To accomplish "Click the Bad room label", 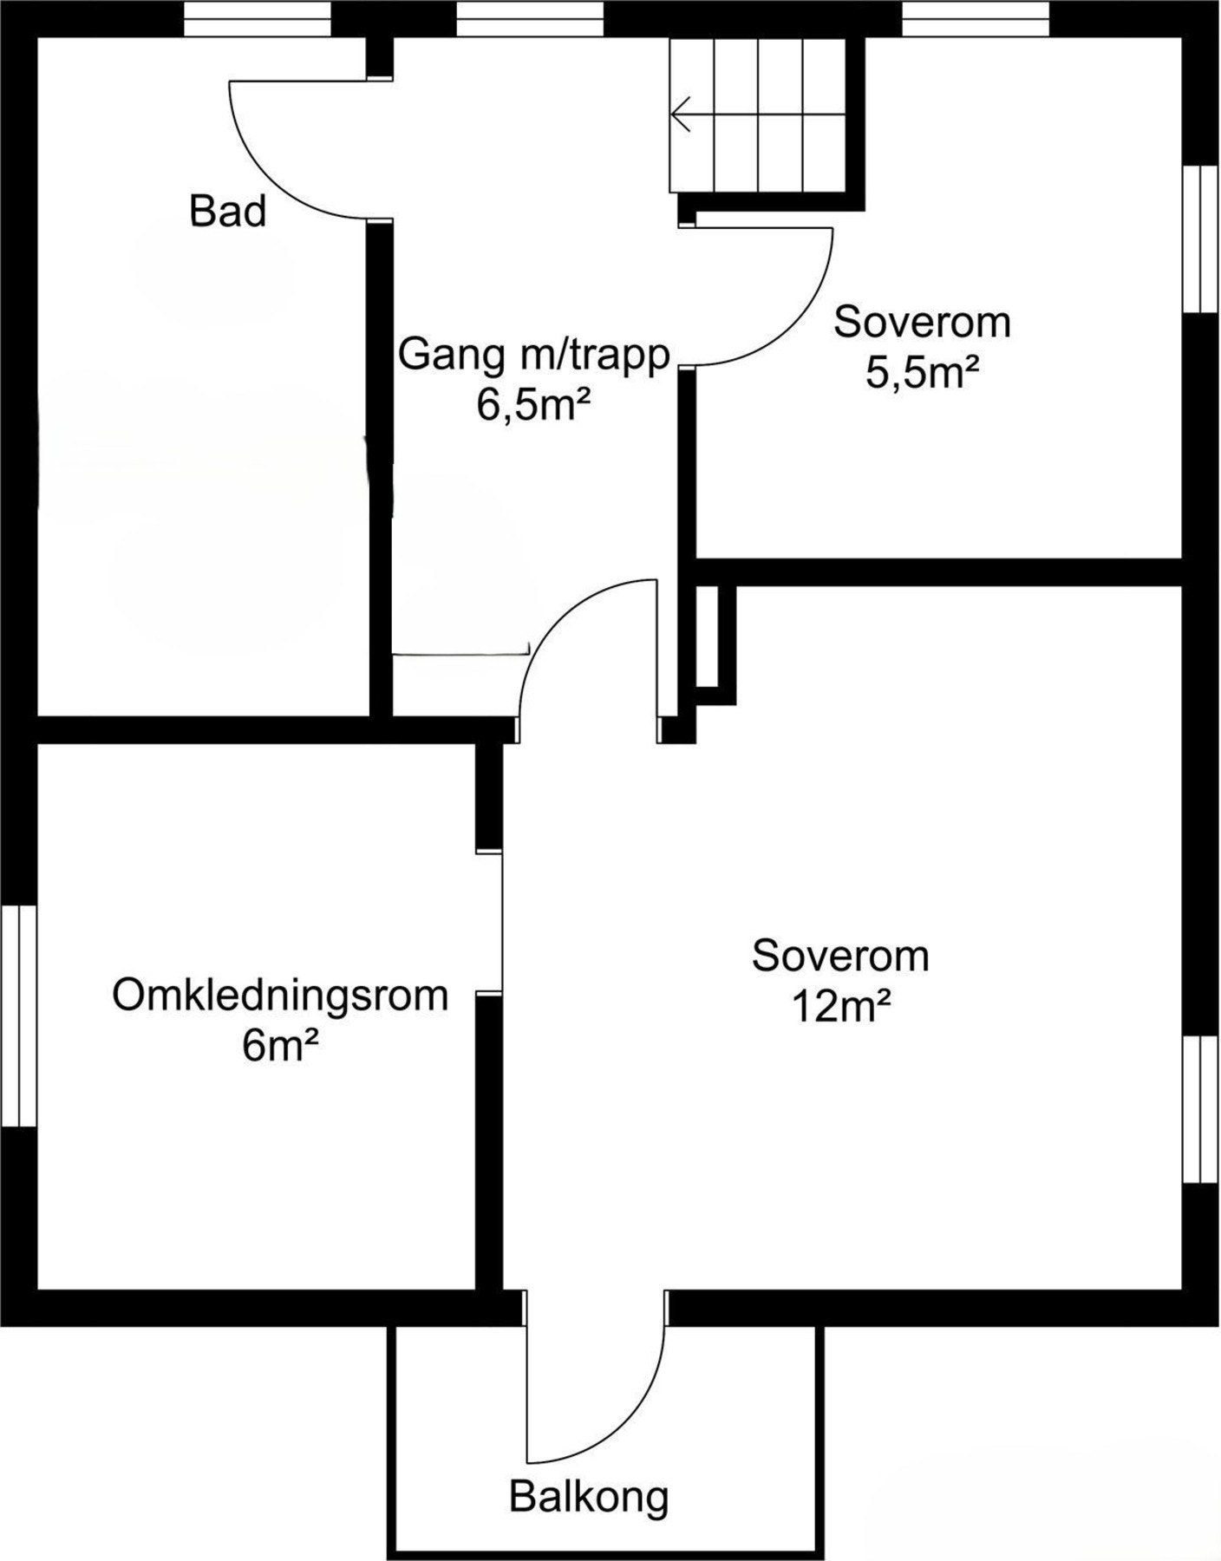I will (x=227, y=212).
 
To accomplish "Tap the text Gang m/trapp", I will (x=533, y=355).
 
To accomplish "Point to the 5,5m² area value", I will (x=922, y=374).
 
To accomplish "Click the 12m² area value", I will (x=840, y=1007).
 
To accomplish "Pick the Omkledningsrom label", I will (x=280, y=996).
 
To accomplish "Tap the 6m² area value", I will (x=280, y=1046).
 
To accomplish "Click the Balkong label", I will (x=589, y=1497).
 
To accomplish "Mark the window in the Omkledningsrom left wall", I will (x=18, y=1016).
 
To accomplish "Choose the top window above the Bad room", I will (x=258, y=18).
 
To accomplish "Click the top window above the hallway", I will (x=529, y=18).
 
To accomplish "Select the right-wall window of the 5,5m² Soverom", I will (x=1202, y=238).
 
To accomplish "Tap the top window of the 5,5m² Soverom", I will (x=976, y=18).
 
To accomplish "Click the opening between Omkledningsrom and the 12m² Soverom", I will (x=491, y=922).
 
